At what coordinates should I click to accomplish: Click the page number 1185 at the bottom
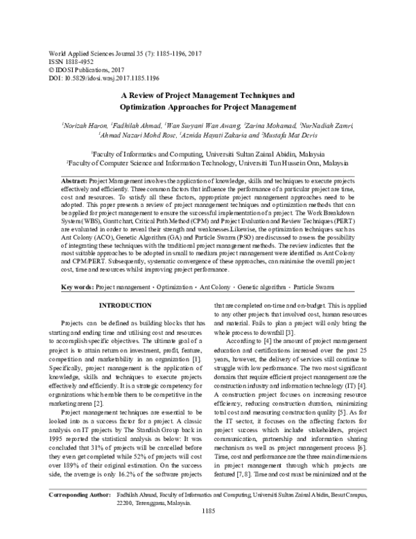pos(207,531)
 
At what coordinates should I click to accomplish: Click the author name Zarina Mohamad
pos(269,125)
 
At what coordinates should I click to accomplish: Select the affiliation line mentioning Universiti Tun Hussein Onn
pos(207,160)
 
